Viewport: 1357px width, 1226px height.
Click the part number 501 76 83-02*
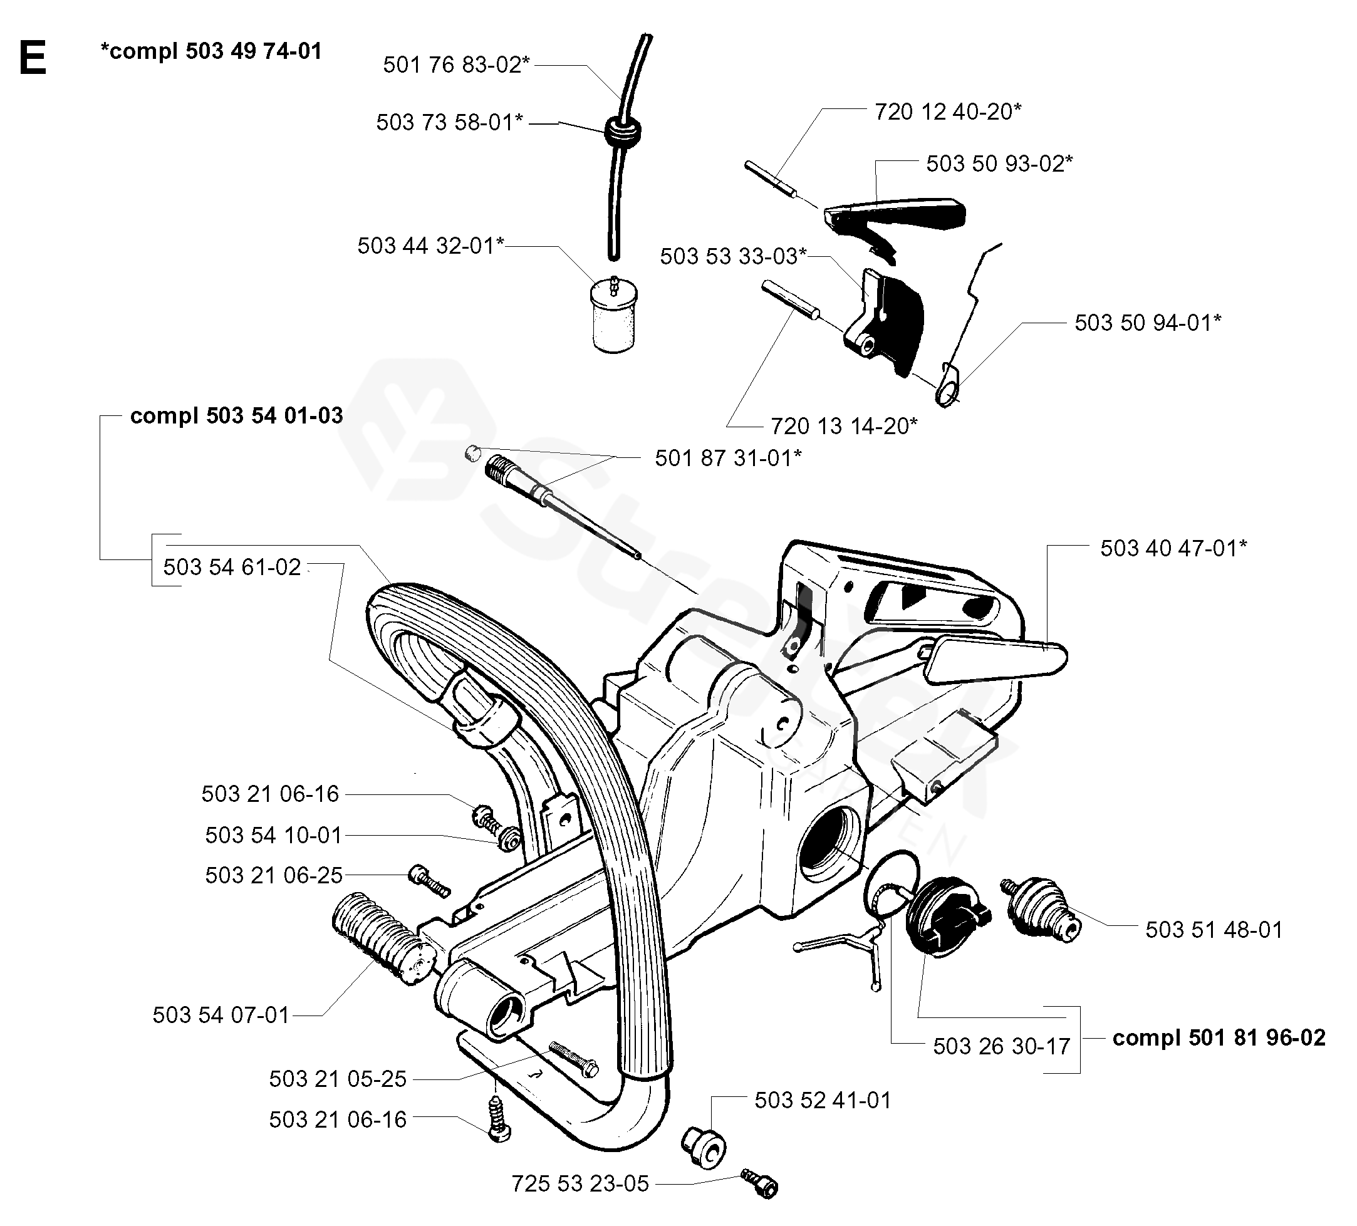pyautogui.click(x=456, y=65)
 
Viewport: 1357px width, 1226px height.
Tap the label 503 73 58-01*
pyautogui.click(x=450, y=123)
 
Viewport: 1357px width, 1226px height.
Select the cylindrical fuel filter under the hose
pyautogui.click(x=614, y=314)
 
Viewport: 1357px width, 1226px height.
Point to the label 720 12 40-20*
pyautogui.click(x=948, y=111)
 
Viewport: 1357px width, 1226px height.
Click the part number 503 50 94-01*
pyautogui.click(x=1148, y=323)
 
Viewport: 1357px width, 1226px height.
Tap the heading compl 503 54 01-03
pyautogui.click(x=236, y=415)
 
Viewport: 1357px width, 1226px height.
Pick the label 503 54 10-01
pyautogui.click(x=274, y=835)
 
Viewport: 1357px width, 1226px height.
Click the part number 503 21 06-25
pyautogui.click(x=274, y=875)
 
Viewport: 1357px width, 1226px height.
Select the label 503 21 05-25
pyautogui.click(x=338, y=1079)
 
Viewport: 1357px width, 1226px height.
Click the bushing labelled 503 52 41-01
pyautogui.click(x=704, y=1146)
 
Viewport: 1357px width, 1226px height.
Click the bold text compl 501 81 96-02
pyautogui.click(x=1219, y=1037)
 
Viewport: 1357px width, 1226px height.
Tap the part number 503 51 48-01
pyautogui.click(x=1214, y=930)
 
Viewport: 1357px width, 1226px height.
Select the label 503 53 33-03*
pyautogui.click(x=734, y=256)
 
